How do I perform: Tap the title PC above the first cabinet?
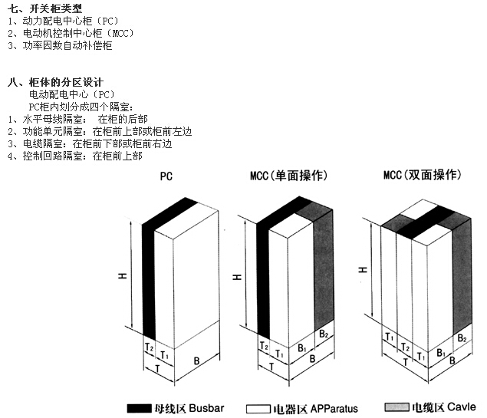pos(166,176)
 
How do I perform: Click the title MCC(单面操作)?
pos(288,176)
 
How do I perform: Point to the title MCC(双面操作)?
pos(423,175)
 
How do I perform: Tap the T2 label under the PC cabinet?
pos(149,347)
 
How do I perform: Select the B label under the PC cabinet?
pos(197,360)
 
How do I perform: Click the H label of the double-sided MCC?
pos(362,270)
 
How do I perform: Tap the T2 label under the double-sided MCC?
pos(404,347)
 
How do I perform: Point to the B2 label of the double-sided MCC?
pos(462,338)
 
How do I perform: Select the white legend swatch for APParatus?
pos(257,408)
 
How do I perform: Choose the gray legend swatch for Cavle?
pos(397,408)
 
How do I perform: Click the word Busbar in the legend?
pos(206,408)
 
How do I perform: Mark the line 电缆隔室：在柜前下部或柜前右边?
pos(92,143)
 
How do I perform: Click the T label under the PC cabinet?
pos(159,368)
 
